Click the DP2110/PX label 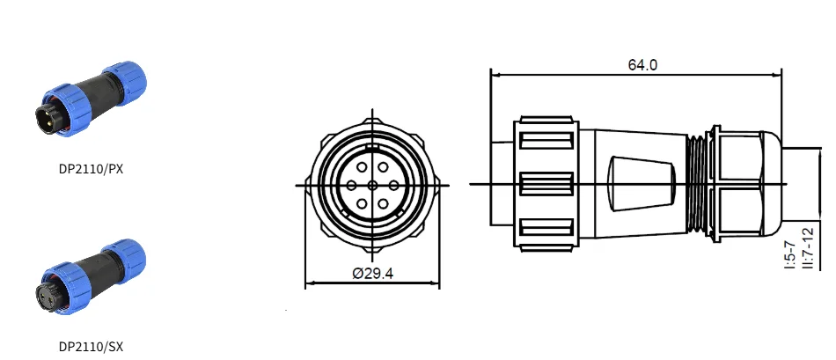coord(91,169)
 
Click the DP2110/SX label coord(91,347)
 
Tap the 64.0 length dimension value coord(642,65)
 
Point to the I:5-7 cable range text coord(791,255)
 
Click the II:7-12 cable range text coord(809,248)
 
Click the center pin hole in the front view coord(373,186)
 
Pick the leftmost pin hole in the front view coord(351,186)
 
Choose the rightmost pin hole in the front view coord(394,186)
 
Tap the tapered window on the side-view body coord(642,184)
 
